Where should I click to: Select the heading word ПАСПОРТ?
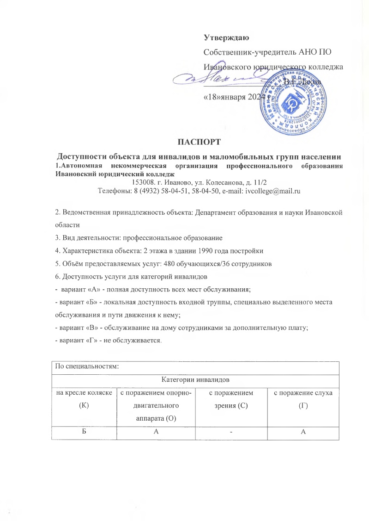tap(197, 139)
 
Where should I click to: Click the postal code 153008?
tap(143, 182)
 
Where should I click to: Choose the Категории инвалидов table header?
tap(195, 380)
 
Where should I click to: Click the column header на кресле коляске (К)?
tap(83, 398)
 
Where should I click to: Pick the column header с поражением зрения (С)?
tap(234, 398)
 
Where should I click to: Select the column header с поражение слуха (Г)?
tap(303, 398)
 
